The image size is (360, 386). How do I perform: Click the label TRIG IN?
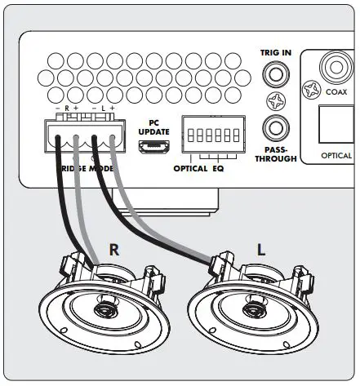pyautogui.click(x=276, y=53)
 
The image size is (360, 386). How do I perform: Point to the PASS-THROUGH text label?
pyautogui.click(x=276, y=155)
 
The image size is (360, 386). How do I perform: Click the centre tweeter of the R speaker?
pyautogui.click(x=106, y=308)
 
